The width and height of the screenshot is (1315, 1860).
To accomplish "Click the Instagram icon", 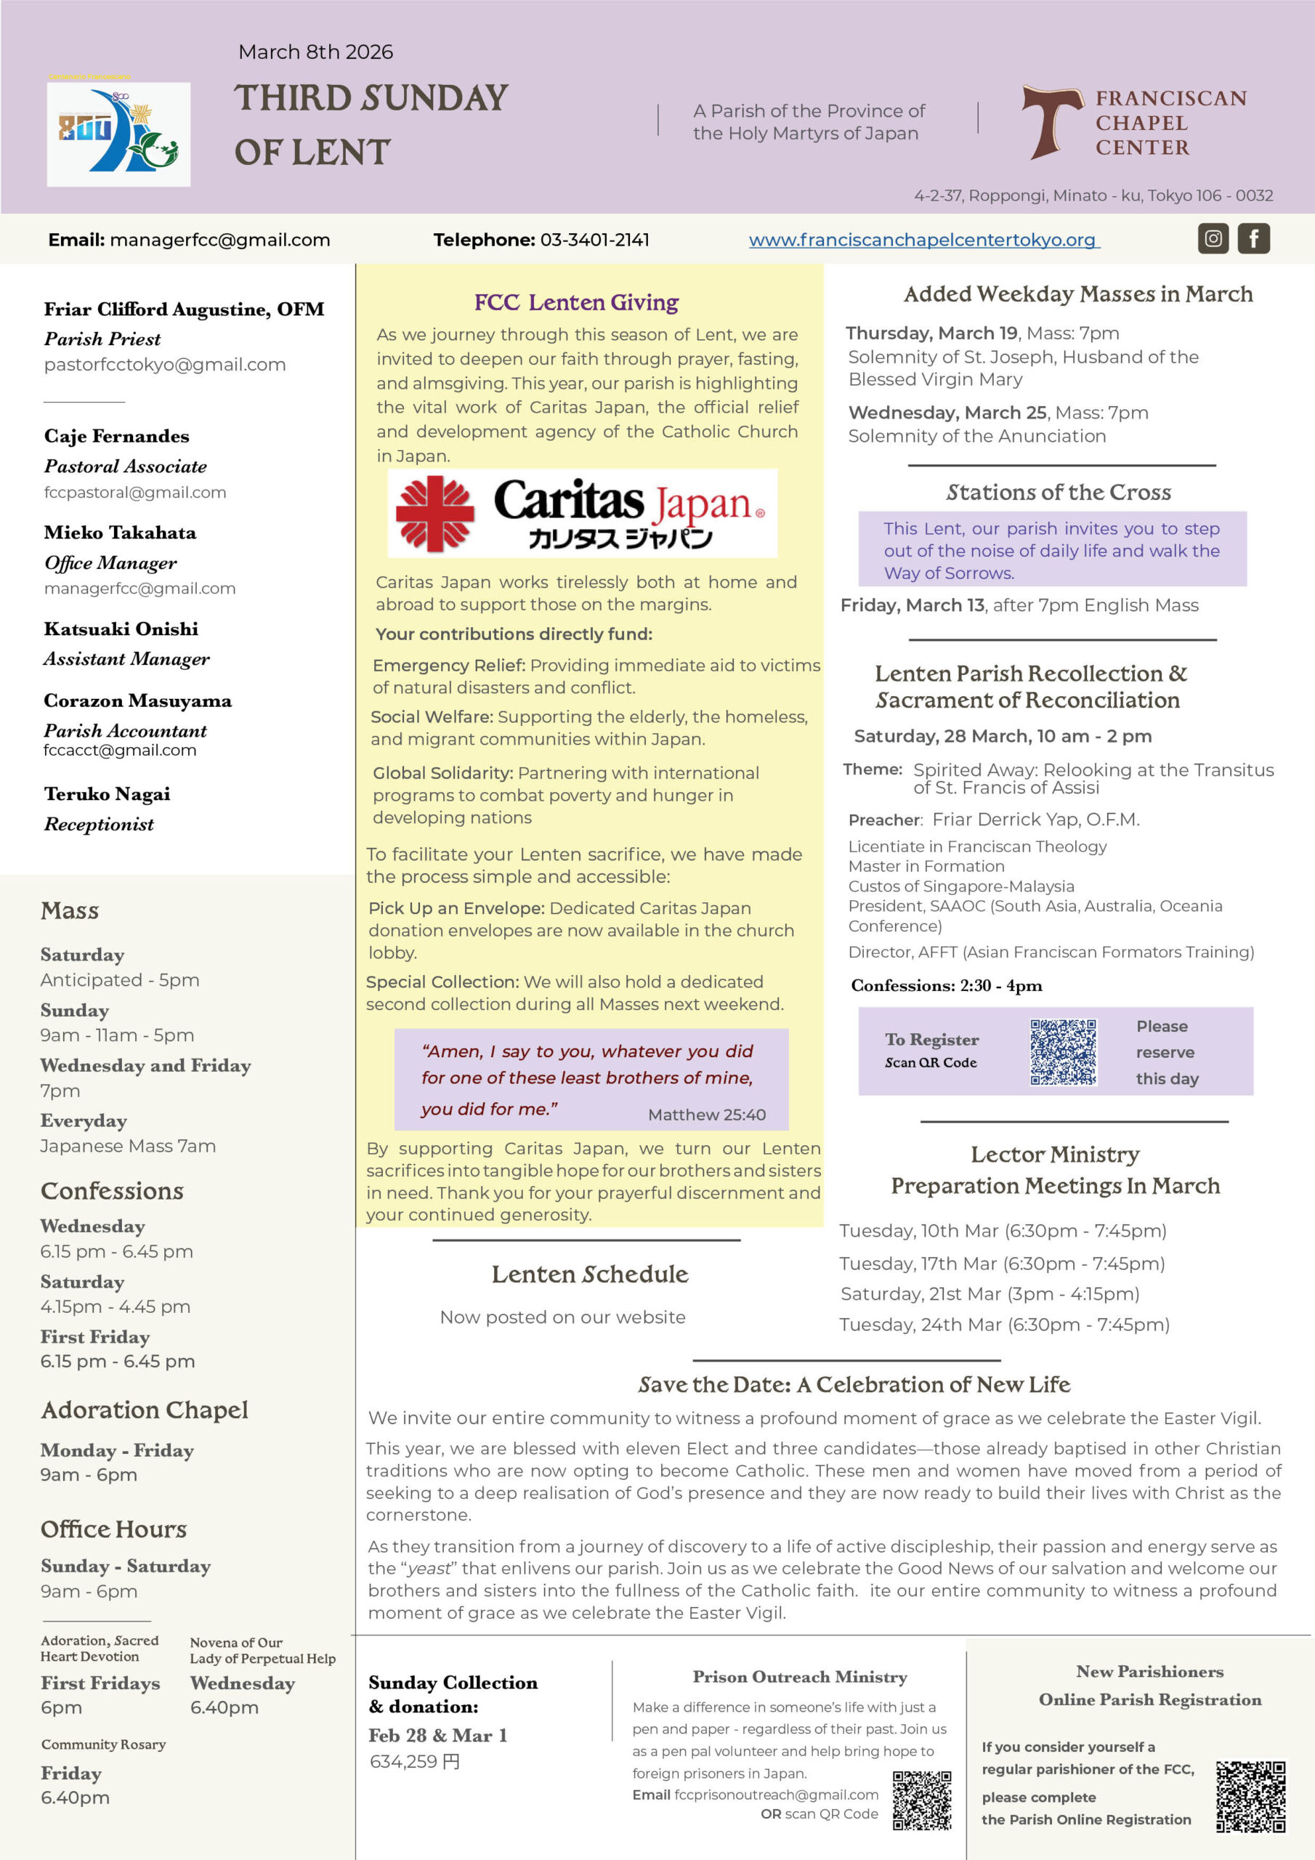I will point(1213,239).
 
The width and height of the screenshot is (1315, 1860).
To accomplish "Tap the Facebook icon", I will point(1253,239).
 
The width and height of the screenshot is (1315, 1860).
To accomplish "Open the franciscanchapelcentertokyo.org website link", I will point(923,240).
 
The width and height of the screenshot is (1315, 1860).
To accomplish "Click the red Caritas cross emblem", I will point(435,514).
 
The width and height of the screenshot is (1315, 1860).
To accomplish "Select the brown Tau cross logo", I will point(1052,121).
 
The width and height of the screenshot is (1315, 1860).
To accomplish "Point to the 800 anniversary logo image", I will point(118,134).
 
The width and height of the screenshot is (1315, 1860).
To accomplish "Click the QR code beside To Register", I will point(1063,1051).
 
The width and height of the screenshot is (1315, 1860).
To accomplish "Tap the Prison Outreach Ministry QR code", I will point(922,1800).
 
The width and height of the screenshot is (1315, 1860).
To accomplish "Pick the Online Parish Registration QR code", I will point(1250,1796).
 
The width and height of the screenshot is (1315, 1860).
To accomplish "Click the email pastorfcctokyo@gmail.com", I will point(164,365).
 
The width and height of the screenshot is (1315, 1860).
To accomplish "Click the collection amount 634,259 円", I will point(415,1761).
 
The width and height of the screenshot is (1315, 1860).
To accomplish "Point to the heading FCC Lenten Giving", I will point(576,302).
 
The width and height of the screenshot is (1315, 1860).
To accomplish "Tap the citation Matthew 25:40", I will point(706,1115).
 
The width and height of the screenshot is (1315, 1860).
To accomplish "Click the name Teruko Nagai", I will point(107,794).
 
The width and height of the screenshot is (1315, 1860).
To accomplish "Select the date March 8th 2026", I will point(315,52).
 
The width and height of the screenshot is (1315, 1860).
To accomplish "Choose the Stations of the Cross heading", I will point(1058,492).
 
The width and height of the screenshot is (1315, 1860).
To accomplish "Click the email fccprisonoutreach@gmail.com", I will point(775,1795).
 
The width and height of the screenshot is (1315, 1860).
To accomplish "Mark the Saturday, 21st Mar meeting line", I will point(990,1294).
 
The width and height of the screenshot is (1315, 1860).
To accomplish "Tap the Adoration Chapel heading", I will point(145,1410).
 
